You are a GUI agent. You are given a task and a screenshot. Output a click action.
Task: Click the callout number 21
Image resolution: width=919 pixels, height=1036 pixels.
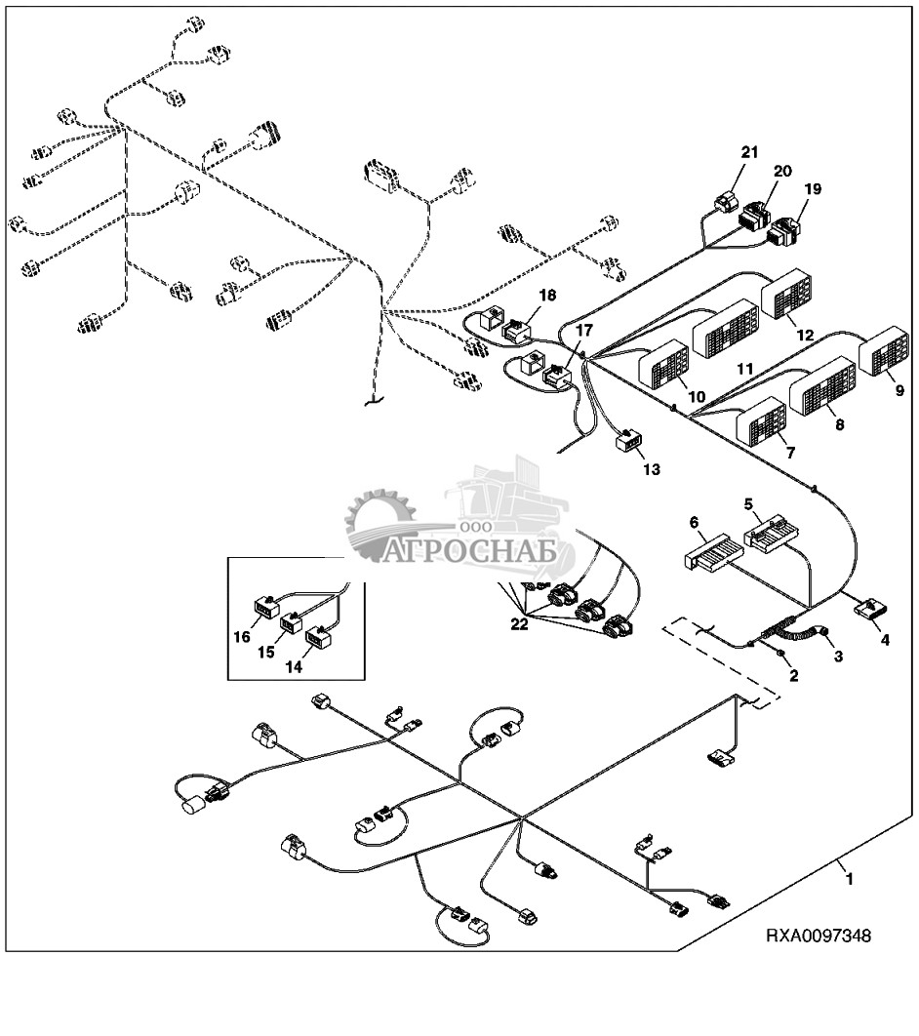[749, 151]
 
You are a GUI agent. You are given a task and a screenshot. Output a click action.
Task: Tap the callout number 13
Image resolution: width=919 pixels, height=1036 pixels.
[651, 469]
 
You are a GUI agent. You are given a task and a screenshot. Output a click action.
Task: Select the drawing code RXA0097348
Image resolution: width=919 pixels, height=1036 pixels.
[818, 936]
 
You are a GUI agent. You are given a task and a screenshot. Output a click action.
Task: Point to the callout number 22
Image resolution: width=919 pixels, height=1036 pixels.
[519, 624]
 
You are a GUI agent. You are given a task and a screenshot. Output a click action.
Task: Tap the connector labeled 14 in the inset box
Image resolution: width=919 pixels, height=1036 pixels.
[319, 640]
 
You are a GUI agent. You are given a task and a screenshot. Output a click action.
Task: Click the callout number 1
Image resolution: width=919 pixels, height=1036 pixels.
[849, 879]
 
